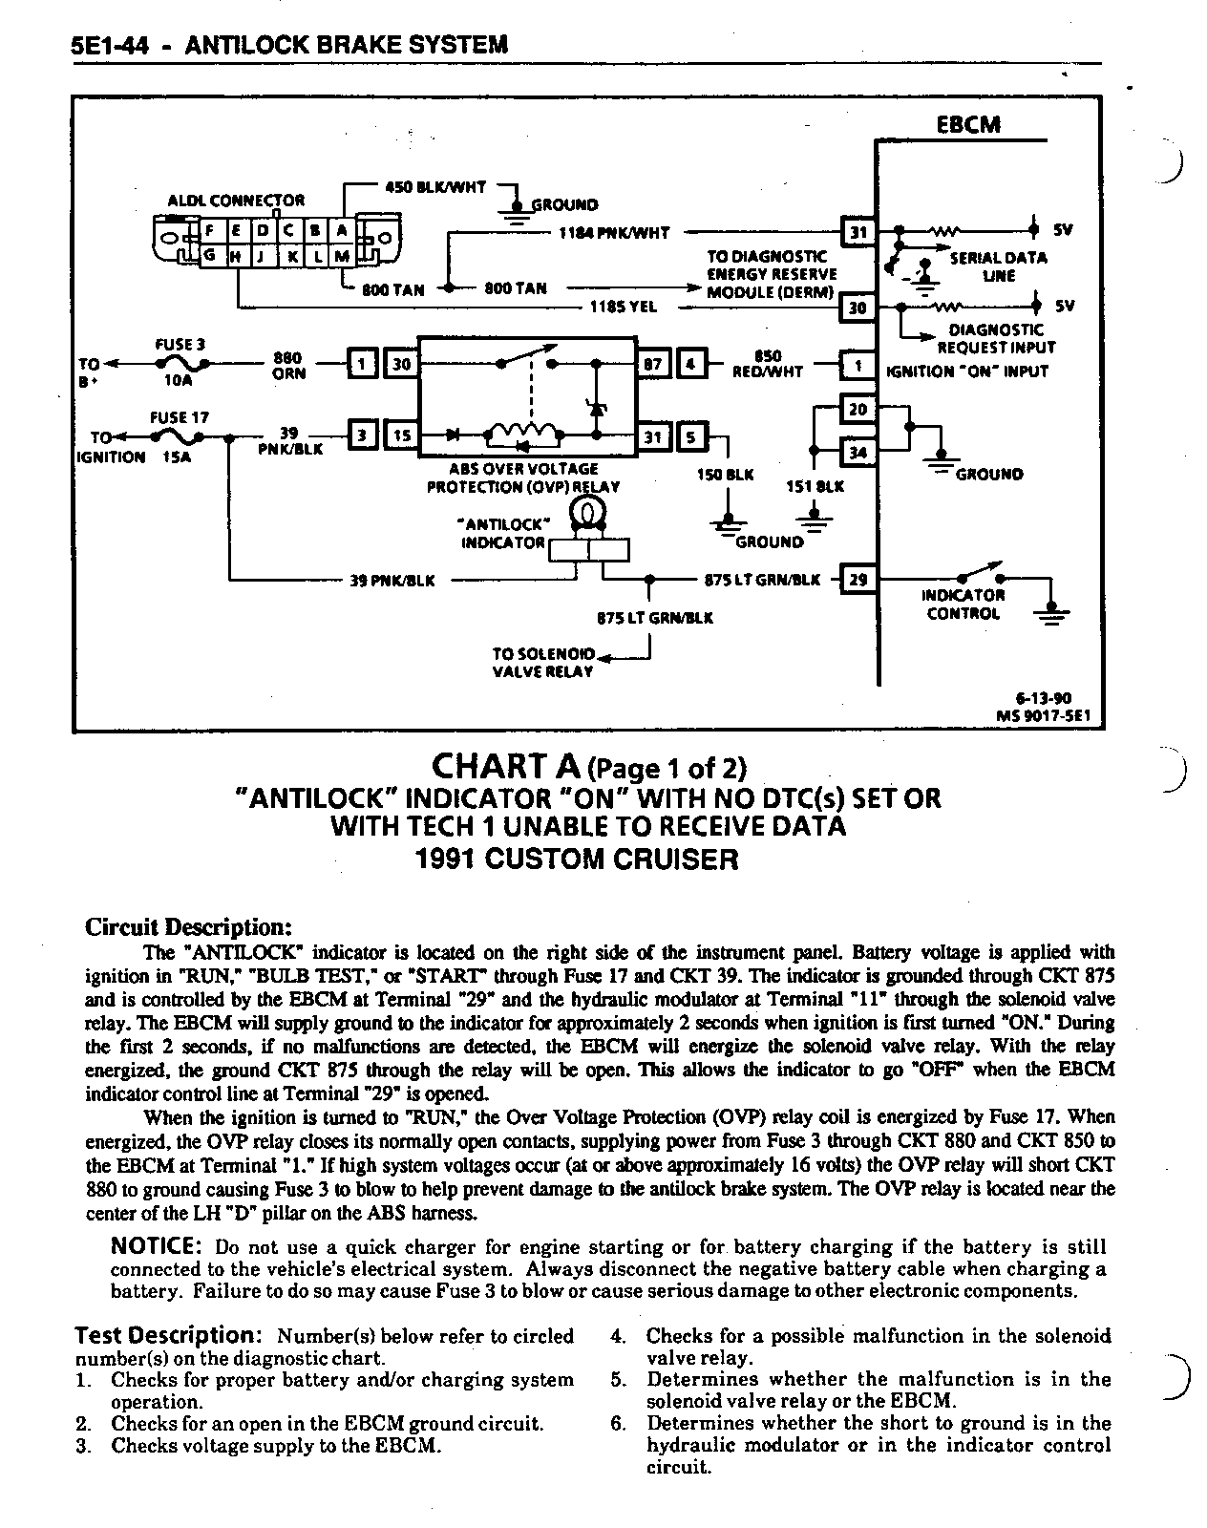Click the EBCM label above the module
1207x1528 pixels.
968,125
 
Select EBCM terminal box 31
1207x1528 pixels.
857,232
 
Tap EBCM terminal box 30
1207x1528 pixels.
857,308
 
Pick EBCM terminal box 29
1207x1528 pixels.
857,579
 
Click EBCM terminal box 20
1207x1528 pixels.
857,410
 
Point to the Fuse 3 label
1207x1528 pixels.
180,344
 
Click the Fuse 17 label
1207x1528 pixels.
180,417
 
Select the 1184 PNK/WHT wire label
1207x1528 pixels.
614,232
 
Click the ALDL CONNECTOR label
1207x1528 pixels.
236,201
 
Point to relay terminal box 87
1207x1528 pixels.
652,364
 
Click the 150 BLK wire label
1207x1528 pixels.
727,474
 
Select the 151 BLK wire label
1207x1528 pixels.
815,486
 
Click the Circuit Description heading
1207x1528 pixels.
187,927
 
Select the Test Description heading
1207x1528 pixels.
168,1335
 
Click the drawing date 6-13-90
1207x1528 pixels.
1043,698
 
